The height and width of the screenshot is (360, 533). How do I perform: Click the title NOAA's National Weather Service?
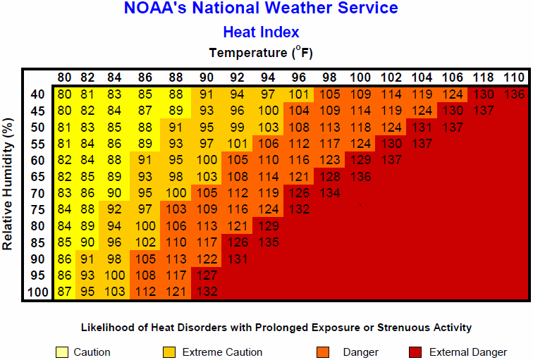click(x=261, y=9)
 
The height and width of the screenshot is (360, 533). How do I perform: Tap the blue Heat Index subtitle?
click(x=261, y=32)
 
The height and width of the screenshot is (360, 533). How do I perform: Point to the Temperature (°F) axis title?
click(x=261, y=53)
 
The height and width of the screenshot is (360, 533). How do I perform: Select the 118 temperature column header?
click(x=483, y=77)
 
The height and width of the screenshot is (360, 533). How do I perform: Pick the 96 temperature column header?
click(x=299, y=77)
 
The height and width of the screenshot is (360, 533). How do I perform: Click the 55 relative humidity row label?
click(x=38, y=143)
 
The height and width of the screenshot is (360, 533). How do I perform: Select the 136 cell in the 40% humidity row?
click(x=514, y=94)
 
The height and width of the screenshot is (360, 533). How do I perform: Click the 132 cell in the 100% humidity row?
click(x=207, y=292)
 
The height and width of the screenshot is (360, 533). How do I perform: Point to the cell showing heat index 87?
click(x=65, y=292)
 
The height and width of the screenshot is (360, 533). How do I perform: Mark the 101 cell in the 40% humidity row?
click(x=299, y=94)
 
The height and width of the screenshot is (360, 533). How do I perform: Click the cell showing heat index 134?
click(x=330, y=192)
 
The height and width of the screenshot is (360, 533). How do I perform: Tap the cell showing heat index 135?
click(x=268, y=242)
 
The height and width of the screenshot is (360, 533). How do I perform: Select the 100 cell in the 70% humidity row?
click(x=176, y=192)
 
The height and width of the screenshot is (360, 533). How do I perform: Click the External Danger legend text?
click(x=467, y=352)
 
